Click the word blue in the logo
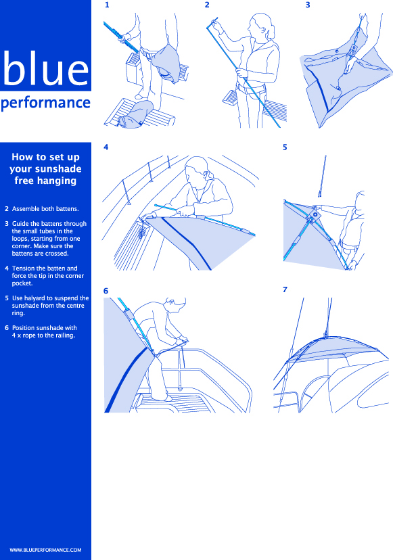[45, 68]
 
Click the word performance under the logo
[45, 103]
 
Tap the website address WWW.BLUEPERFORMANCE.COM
[45, 550]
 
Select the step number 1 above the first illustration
[107, 5]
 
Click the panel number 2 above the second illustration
[207, 5]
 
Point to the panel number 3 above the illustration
[308, 5]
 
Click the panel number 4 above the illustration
[106, 147]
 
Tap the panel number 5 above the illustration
[285, 147]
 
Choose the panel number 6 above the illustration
[106, 291]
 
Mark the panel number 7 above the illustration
[285, 289]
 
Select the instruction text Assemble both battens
[45, 209]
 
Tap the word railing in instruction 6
[65, 335]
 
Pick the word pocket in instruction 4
[22, 283]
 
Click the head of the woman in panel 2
[262, 26]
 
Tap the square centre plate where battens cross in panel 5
[315, 214]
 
